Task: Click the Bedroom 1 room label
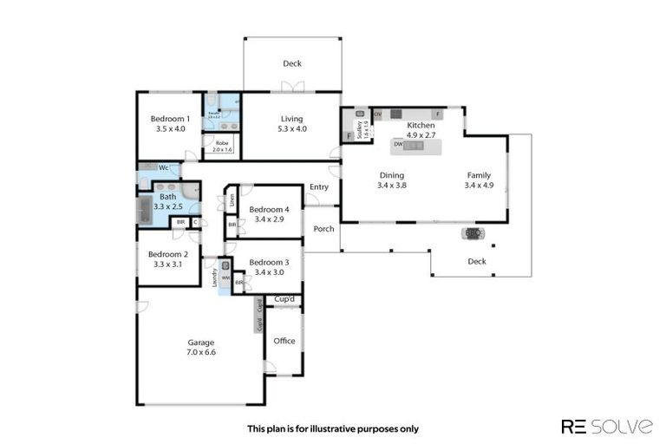coord(170,119)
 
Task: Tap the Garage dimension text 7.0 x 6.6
coord(201,352)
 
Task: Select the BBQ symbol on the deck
coord(473,233)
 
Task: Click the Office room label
coord(284,341)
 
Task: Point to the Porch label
coord(323,230)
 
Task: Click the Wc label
coord(163,167)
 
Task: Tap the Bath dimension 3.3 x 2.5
coord(167,206)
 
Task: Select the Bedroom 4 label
coord(269,209)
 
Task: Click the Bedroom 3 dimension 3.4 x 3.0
coord(269,272)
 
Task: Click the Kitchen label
coord(421,126)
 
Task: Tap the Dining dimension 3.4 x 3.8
coord(392,185)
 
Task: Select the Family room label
coord(479,174)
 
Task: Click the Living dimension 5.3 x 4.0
coord(291,129)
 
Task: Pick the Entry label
coord(319,187)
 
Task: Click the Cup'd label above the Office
coord(284,299)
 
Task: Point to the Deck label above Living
coord(291,63)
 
